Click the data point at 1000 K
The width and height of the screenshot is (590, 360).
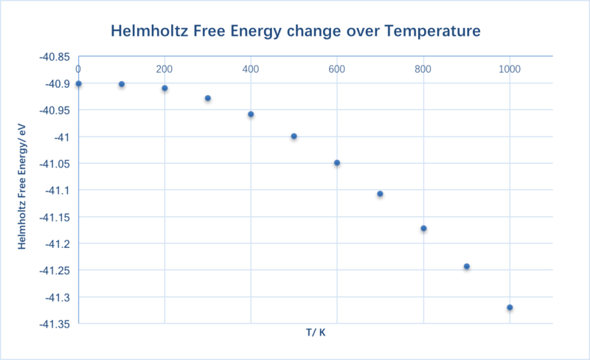coord(510,308)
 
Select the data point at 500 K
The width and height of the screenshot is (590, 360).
coord(294,136)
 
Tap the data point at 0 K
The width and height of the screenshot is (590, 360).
coord(78,83)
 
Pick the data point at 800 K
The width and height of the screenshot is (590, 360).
coord(423,228)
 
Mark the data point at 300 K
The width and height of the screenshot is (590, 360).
coord(208,98)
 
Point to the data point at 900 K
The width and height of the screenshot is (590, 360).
coord(467,266)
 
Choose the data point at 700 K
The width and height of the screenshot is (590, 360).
coord(380,194)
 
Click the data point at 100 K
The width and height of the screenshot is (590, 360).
coord(122,84)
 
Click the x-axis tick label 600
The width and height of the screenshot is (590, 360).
coord(337,69)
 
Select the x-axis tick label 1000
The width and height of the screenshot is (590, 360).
coord(510,69)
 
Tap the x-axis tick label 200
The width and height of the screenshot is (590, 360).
coord(164,69)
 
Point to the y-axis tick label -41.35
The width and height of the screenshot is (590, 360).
coord(55,325)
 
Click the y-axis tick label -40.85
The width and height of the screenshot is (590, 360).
coord(55,57)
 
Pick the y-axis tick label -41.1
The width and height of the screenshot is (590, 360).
coord(58,190)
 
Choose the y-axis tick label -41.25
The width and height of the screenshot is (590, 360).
coord(55,271)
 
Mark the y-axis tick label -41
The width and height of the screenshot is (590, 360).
coord(62,137)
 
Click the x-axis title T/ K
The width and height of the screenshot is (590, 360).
coord(316,333)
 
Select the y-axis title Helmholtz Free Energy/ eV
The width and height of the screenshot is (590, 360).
coord(22,187)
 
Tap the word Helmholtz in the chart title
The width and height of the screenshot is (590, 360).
coord(150,30)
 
